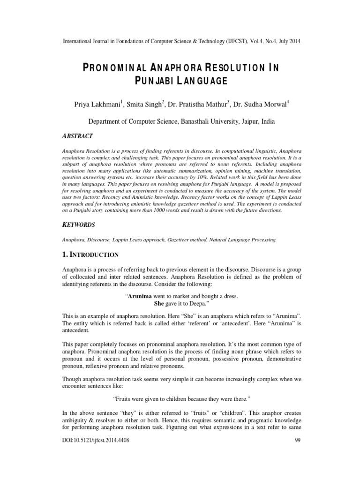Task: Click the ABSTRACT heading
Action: click(x=78, y=136)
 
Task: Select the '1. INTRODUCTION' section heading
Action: click(x=90, y=255)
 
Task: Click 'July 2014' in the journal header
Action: click(x=287, y=41)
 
